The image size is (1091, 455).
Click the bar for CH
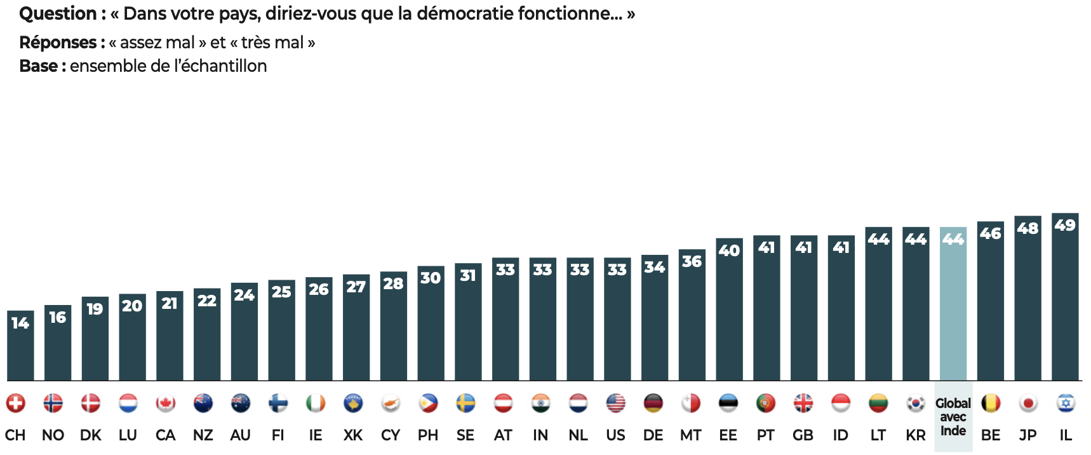click(20, 346)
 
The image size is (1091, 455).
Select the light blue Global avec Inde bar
click(953, 305)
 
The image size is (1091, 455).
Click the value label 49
click(1065, 225)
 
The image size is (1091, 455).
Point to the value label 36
click(692, 261)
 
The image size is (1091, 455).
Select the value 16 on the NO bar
click(58, 317)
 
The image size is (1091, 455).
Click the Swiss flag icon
click(16, 403)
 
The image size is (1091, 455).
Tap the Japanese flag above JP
click(1027, 403)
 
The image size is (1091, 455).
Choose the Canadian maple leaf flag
click(166, 403)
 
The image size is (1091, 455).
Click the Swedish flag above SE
click(465, 403)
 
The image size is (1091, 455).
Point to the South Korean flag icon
click(915, 403)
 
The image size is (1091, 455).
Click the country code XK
click(353, 435)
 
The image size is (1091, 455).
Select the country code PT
click(765, 435)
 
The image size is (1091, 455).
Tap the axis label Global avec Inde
click(953, 417)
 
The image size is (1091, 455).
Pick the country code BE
click(990, 435)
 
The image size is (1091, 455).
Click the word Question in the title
click(58, 14)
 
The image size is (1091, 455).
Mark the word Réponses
click(58, 43)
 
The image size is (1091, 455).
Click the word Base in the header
click(39, 66)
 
